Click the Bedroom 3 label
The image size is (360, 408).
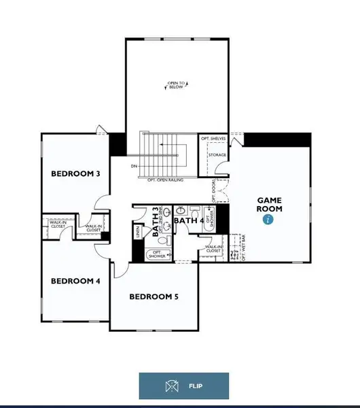(76, 174)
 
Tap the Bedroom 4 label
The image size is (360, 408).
(76, 281)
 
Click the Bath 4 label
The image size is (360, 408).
(189, 220)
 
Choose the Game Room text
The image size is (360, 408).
(269, 205)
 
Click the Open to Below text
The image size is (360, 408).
(177, 86)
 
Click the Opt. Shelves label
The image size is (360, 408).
(213, 139)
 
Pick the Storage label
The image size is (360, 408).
(217, 155)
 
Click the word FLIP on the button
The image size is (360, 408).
(196, 386)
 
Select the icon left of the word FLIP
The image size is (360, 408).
(170, 386)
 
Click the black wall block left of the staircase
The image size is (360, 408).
(118, 143)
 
